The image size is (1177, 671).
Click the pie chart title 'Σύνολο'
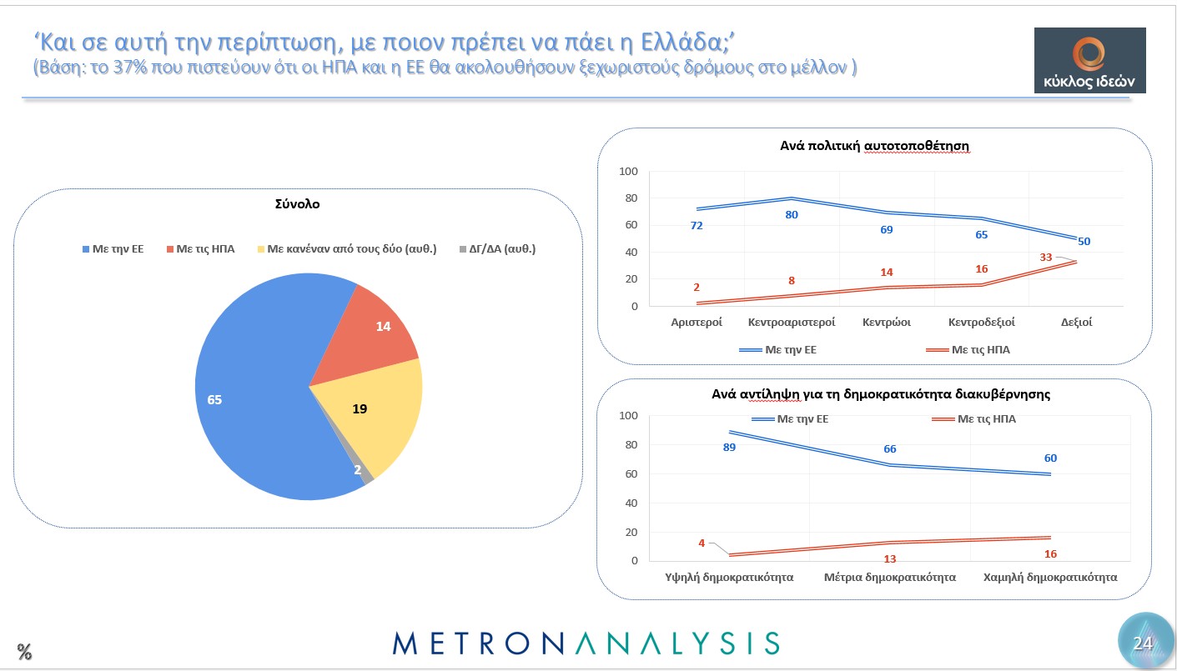(297, 203)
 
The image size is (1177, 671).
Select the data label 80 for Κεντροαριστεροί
(792, 215)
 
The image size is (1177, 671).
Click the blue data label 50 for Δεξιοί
(1083, 242)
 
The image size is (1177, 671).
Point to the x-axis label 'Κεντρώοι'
(886, 322)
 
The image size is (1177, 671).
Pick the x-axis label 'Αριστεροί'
(697, 322)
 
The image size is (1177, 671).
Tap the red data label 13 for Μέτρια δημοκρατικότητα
(890, 558)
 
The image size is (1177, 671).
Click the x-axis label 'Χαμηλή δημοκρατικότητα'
(1049, 577)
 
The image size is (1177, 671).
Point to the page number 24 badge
(1142, 643)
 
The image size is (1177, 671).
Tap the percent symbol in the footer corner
(24, 651)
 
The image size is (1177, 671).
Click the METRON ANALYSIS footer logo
(586, 643)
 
